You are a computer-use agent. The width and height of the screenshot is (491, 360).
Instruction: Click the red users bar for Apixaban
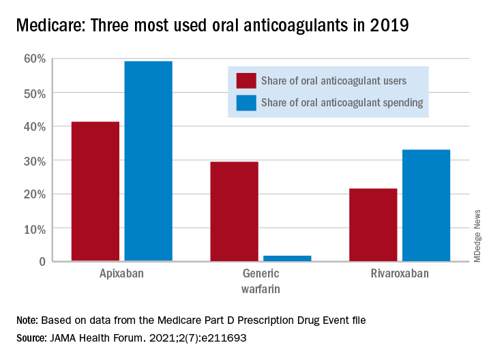(x=95, y=192)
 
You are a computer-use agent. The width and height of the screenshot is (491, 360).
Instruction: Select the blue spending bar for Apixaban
(x=148, y=161)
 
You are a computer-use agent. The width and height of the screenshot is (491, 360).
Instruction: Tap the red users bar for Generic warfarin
(x=234, y=211)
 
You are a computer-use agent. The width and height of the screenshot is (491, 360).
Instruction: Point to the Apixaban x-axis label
(x=121, y=274)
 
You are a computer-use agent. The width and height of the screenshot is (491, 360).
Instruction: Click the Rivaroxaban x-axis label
(x=399, y=274)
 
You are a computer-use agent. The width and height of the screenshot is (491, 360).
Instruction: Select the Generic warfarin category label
(x=261, y=280)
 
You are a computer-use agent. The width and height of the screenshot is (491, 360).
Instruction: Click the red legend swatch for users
(x=245, y=80)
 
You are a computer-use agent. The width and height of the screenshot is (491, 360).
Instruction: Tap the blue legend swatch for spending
(x=245, y=102)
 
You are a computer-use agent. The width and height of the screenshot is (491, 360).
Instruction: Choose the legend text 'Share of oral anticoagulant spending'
(x=342, y=102)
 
